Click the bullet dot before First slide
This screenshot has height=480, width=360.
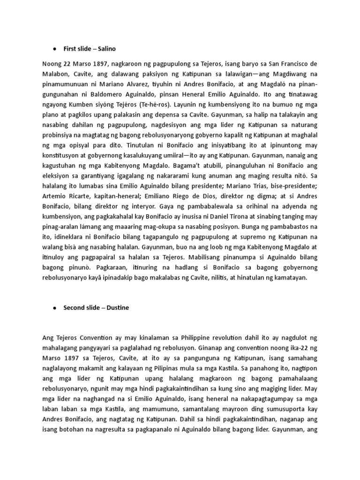tap(54, 49)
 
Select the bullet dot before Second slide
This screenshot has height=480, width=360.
tap(54, 308)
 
